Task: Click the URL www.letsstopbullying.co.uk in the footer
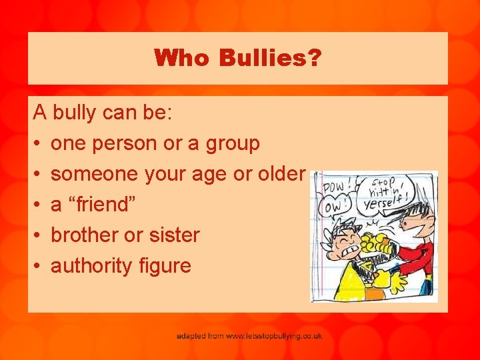273,336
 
